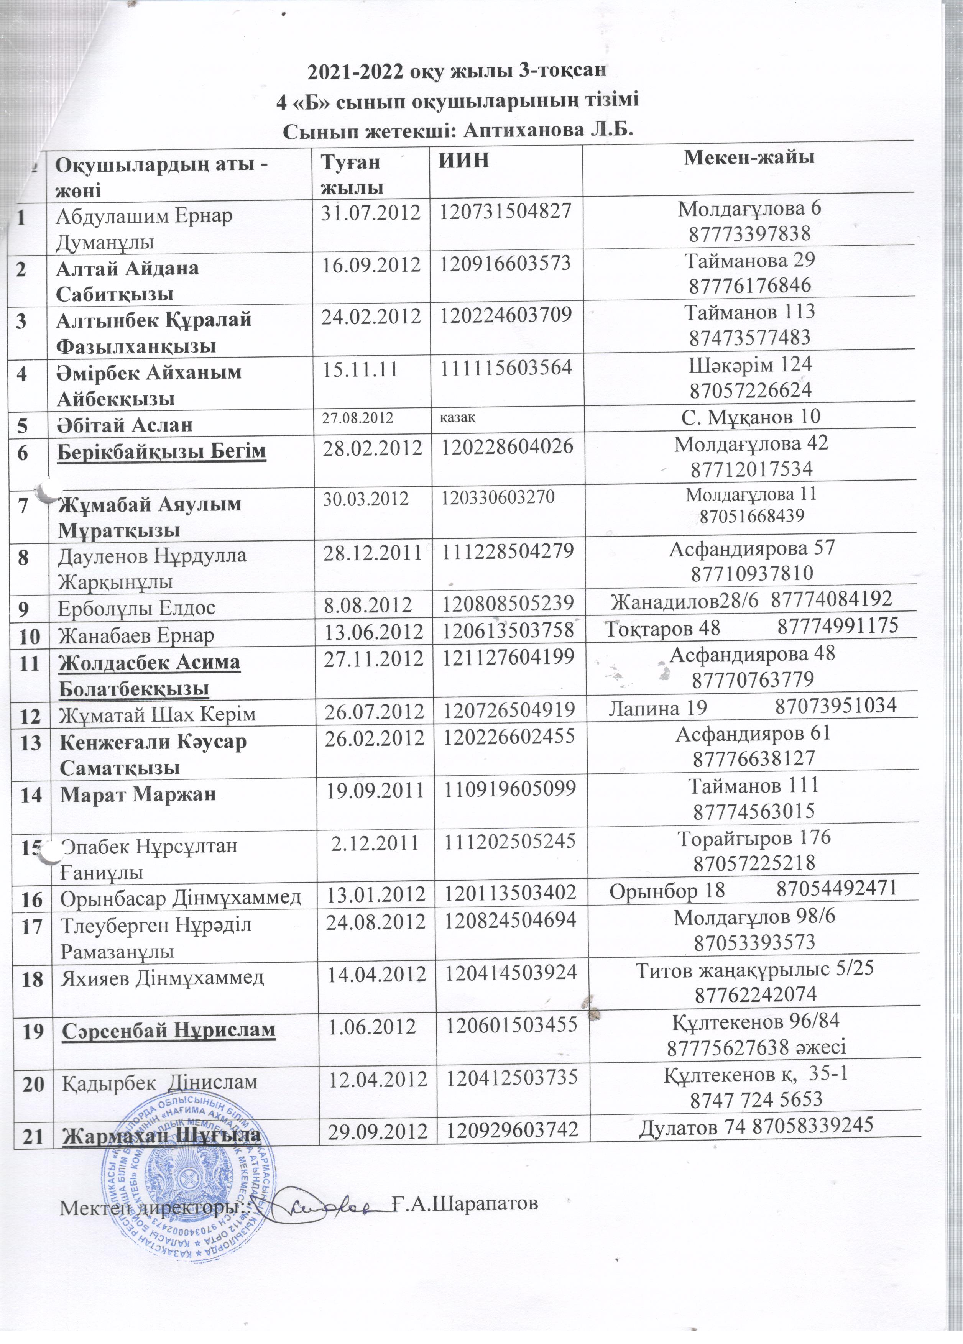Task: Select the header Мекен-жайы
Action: coord(748,157)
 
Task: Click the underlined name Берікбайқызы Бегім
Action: coord(161,451)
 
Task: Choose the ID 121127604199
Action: coord(507,657)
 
